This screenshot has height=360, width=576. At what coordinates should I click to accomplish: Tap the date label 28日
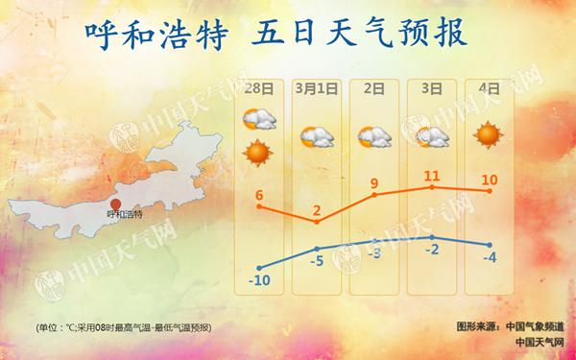point(256,88)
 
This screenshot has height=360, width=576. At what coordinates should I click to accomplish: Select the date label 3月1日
point(316,88)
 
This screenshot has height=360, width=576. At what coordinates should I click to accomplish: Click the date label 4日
point(490,88)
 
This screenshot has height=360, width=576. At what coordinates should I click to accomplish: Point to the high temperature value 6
point(259,196)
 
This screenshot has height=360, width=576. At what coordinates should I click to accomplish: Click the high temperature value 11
point(432,175)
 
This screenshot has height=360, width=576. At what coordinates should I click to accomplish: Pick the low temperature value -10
point(257,280)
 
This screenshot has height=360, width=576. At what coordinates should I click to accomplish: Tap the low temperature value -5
point(316,260)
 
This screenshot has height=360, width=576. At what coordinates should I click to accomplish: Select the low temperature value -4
point(491,256)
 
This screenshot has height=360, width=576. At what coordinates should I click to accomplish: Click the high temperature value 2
point(317,209)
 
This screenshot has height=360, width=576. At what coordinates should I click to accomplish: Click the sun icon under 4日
point(489,136)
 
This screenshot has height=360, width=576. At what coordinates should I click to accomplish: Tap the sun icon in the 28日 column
point(257,151)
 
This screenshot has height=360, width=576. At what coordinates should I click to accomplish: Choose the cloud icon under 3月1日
point(316,138)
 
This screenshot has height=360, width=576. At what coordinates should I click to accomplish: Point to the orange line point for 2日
point(374,196)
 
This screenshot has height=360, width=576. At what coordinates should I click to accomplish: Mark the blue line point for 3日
point(432,236)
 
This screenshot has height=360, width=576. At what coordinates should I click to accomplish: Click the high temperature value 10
point(490,179)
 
